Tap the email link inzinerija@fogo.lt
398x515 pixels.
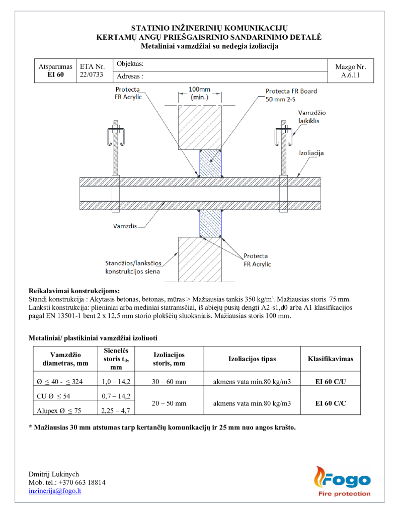click(55, 491)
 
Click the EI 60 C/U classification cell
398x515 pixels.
click(330, 382)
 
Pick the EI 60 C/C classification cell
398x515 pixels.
click(330, 403)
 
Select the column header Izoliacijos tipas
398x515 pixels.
click(252, 359)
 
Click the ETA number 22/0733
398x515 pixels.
click(91, 74)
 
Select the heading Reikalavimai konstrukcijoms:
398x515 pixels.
click(74, 291)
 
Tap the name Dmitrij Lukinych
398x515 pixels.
click(53, 474)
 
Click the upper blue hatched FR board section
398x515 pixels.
click(210, 163)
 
